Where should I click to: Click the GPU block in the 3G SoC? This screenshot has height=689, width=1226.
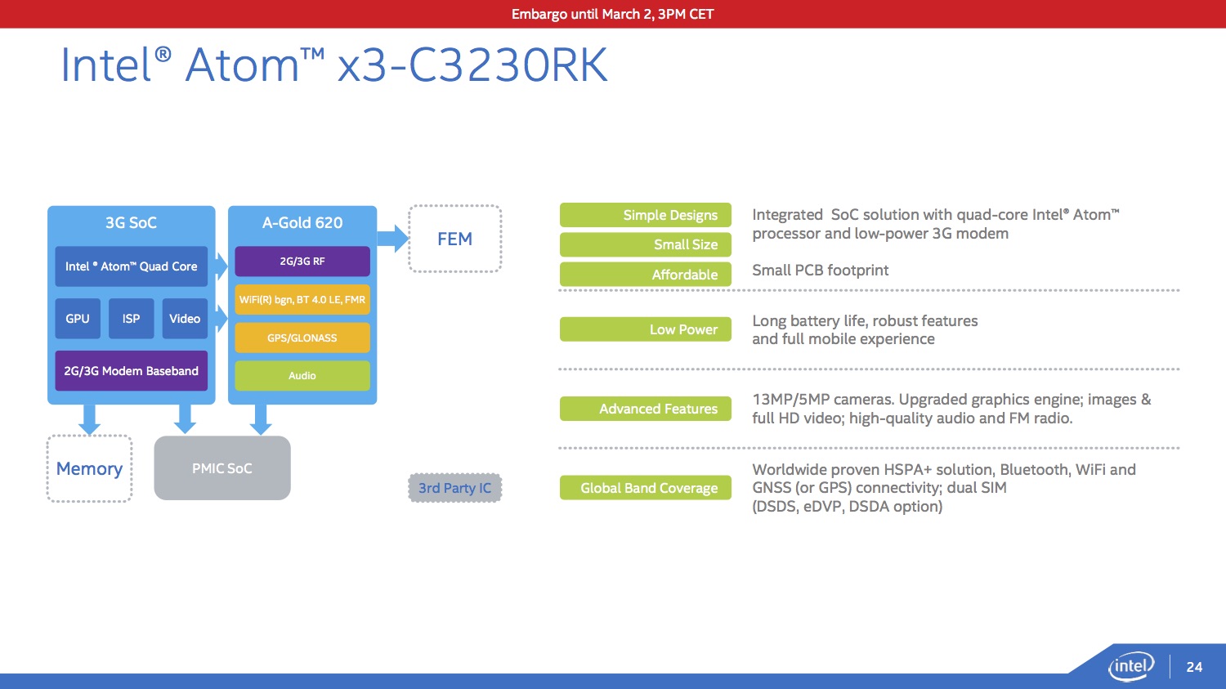click(x=77, y=319)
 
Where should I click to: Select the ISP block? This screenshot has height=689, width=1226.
click(x=131, y=319)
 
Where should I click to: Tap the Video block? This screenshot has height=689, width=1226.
click(x=185, y=319)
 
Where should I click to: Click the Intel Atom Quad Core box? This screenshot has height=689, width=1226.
click(x=132, y=266)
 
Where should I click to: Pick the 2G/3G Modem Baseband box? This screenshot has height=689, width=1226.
click(x=132, y=370)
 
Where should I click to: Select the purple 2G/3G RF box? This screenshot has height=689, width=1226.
click(x=302, y=262)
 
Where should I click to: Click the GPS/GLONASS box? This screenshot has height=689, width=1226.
click(x=302, y=338)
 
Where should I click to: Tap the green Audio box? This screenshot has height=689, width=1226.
click(x=302, y=375)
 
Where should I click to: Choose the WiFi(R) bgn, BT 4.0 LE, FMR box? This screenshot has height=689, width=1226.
click(x=302, y=299)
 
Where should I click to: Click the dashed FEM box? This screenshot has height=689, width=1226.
click(x=454, y=239)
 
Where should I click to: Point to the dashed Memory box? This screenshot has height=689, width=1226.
click(x=89, y=468)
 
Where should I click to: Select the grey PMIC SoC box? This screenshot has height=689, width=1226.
click(x=222, y=468)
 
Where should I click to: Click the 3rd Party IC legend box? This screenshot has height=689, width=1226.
click(x=454, y=488)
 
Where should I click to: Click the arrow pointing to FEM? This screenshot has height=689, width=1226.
click(x=393, y=239)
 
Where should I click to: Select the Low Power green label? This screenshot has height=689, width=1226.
click(x=646, y=329)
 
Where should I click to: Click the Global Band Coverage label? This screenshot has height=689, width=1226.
click(x=646, y=488)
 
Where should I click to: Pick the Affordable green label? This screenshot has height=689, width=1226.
click(x=646, y=274)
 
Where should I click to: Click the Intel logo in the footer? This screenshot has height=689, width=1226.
click(x=1130, y=666)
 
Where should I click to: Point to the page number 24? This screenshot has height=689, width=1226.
click(x=1194, y=667)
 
